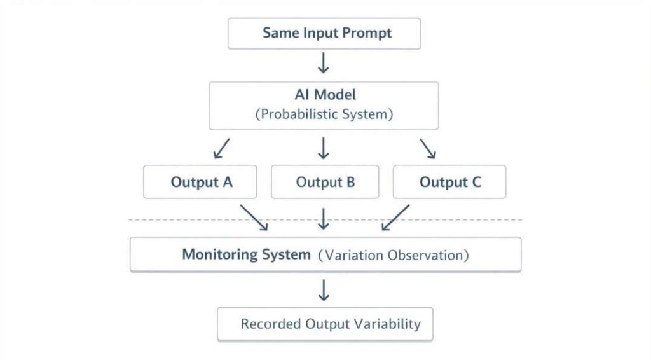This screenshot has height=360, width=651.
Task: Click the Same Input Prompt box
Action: click(324, 34)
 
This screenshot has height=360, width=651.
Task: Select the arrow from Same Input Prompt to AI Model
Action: click(324, 63)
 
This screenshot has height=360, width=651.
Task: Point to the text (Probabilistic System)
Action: click(324, 115)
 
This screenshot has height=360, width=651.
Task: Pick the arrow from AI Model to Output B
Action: click(324, 148)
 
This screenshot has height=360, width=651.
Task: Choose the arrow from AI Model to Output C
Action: click(427, 148)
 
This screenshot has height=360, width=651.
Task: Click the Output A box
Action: click(200, 183)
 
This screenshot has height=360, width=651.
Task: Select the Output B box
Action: click(325, 183)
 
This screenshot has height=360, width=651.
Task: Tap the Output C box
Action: click(449, 183)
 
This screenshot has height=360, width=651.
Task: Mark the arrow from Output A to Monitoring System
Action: click(254, 218)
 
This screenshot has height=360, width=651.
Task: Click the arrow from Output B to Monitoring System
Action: click(324, 218)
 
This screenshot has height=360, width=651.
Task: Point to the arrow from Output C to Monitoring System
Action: click(395, 218)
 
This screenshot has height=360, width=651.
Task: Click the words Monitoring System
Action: click(246, 255)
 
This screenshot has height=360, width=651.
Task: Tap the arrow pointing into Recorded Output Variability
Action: click(324, 290)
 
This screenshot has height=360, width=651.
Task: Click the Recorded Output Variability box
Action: click(325, 324)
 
